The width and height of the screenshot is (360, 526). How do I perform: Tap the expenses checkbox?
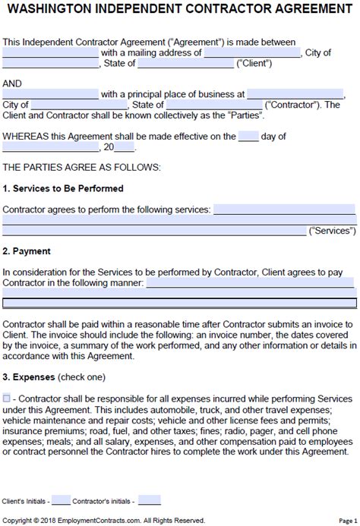click(x=7, y=398)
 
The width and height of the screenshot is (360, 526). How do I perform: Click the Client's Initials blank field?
click(x=61, y=501)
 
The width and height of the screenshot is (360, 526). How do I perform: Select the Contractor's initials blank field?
click(x=149, y=501)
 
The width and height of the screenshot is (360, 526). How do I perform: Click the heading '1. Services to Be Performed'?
click(x=63, y=188)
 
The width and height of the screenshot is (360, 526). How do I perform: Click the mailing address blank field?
click(x=253, y=53)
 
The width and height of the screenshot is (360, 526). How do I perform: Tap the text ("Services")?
click(x=332, y=230)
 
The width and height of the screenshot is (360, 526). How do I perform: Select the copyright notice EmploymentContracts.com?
click(x=106, y=520)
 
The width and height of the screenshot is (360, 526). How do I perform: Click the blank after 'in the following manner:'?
click(x=249, y=282)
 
